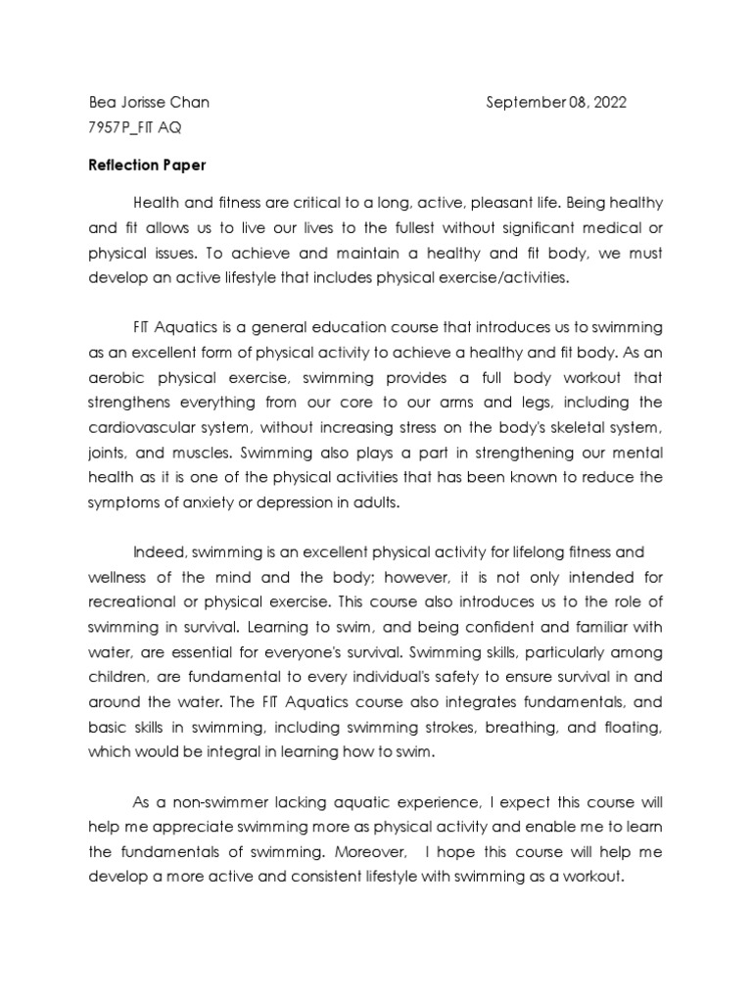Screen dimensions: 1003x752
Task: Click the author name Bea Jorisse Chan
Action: click(147, 103)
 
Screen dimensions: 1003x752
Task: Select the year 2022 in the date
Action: click(607, 103)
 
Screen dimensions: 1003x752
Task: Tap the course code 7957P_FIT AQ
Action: click(133, 128)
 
